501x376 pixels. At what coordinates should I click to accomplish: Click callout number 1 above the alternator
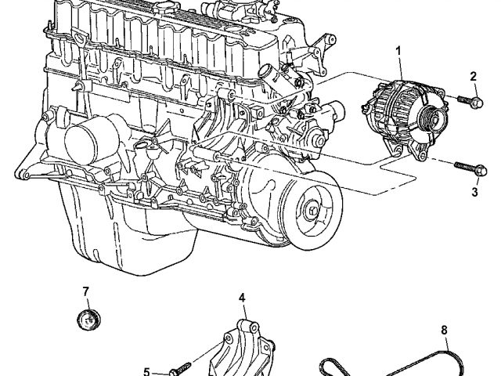pyautogui.click(x=398, y=51)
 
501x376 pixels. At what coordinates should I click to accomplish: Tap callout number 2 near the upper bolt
pyautogui.click(x=473, y=76)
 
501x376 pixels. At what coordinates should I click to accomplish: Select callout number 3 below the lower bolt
pyautogui.click(x=475, y=192)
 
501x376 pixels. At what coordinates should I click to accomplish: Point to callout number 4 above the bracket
pyautogui.click(x=242, y=298)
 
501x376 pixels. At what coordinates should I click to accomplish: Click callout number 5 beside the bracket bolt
pyautogui.click(x=146, y=371)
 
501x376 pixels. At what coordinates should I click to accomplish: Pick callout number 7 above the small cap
pyautogui.click(x=85, y=291)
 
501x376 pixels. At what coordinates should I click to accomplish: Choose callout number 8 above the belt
pyautogui.click(x=444, y=330)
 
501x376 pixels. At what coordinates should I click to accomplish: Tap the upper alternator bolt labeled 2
pyautogui.click(x=470, y=101)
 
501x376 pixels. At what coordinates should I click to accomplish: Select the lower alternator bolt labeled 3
pyautogui.click(x=471, y=168)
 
